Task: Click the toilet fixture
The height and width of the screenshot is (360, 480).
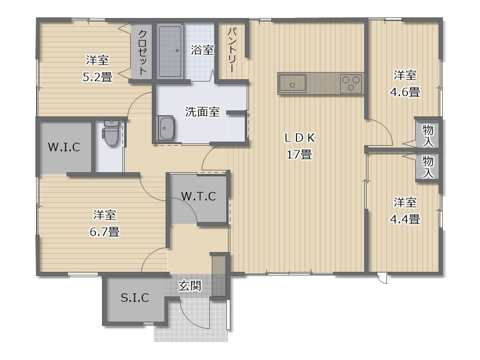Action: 110,132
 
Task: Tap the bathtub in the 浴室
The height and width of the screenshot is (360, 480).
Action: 170,51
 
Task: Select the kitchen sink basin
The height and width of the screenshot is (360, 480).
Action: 292,83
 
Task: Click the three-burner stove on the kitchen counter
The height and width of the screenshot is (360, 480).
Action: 351,83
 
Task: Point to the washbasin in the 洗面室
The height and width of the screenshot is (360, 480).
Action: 166,128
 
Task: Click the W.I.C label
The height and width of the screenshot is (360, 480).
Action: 64,147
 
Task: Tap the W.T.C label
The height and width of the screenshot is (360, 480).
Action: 199,196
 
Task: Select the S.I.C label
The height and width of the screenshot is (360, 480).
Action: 134,297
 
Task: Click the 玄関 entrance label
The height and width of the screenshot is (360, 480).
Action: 190,286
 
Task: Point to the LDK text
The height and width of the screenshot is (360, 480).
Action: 299,138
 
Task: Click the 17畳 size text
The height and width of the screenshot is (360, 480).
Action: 299,154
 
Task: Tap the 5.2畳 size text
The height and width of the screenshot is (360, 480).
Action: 97,77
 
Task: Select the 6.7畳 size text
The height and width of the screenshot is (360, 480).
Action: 104,232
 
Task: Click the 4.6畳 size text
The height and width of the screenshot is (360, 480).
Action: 404,92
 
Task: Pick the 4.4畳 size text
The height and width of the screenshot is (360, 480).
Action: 404,219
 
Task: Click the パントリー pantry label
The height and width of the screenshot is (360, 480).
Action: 233,50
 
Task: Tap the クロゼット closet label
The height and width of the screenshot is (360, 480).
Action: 142,52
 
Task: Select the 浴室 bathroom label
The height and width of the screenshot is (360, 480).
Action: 202,50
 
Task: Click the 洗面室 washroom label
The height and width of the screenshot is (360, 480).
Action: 202,112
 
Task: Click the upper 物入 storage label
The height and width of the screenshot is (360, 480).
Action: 428,136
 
